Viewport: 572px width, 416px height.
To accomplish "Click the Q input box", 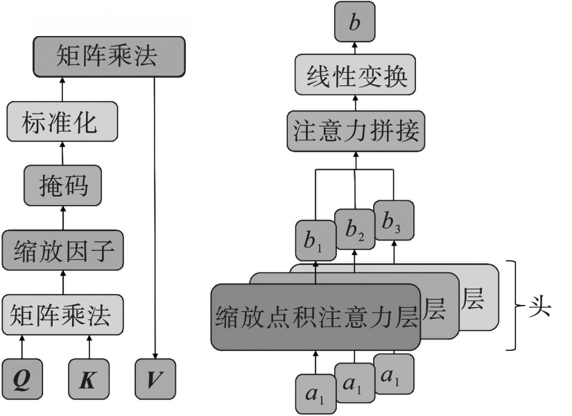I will (22, 379).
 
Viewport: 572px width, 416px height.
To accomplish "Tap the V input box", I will (155, 379).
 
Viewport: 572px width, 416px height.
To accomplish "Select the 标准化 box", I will (62, 123).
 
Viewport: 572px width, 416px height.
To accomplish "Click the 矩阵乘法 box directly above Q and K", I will (62, 314).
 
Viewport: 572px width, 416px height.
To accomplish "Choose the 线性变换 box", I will (355, 76).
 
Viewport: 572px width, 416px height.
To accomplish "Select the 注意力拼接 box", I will (355, 132).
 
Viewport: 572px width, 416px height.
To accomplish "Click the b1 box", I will (315, 239).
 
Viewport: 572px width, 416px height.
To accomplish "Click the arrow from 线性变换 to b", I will (355, 47).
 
